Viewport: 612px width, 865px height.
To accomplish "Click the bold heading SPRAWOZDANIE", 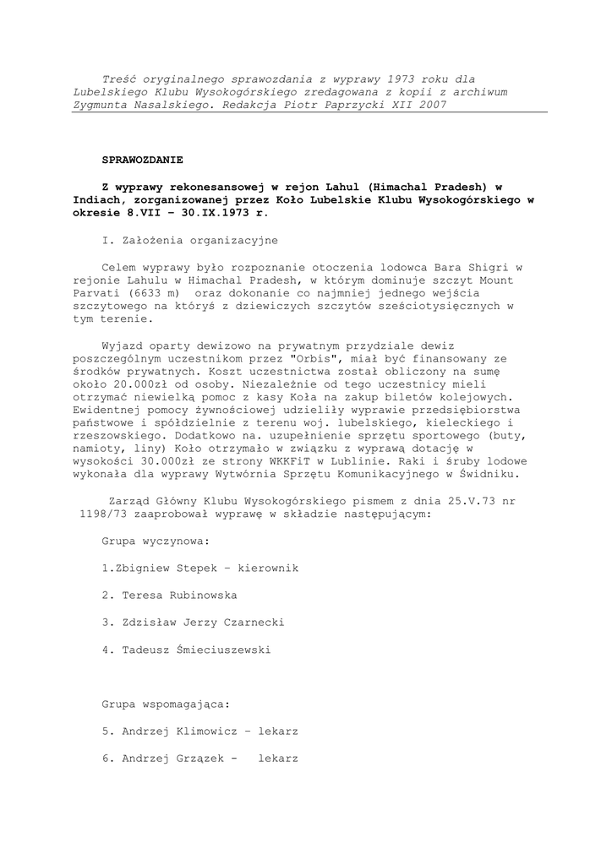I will (142, 159).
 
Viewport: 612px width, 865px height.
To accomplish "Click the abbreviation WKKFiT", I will (292, 461).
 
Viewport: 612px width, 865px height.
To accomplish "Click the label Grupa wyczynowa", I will (156, 541).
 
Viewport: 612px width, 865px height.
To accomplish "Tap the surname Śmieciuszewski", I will (221, 650).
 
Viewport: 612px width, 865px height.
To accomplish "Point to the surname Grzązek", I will (197, 758).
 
